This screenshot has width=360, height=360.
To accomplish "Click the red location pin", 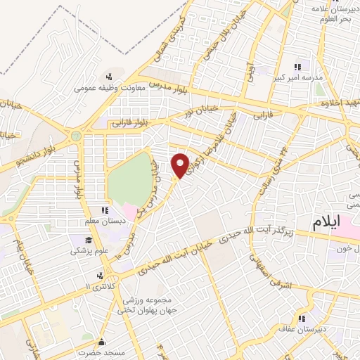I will (x=181, y=165).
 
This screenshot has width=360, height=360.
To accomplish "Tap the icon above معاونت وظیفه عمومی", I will (x=108, y=77).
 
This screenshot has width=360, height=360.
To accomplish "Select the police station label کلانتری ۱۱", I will (x=97, y=288).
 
